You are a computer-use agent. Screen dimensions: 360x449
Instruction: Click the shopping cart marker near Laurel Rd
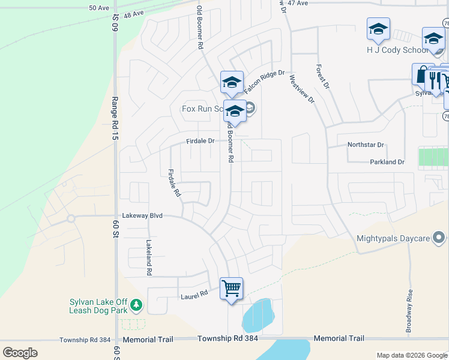[231, 289]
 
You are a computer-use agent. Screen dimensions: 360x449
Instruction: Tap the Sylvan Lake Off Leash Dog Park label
[98, 306]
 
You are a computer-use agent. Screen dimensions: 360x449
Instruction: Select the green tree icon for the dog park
[136, 305]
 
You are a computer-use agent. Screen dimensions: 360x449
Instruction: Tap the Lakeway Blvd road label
[142, 215]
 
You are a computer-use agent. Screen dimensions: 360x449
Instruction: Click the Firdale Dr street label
[200, 141]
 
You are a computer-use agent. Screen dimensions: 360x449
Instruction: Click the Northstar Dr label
[365, 145]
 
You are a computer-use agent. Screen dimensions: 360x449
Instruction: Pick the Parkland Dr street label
[387, 162]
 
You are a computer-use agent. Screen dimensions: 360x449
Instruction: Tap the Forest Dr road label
[322, 77]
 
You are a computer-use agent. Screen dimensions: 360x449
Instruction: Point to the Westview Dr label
[302, 89]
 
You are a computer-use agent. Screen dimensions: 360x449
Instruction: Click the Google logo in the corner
[20, 353]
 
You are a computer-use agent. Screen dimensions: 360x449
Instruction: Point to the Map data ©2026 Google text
[411, 355]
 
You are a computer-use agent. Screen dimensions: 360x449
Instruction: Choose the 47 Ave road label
[298, 3]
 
